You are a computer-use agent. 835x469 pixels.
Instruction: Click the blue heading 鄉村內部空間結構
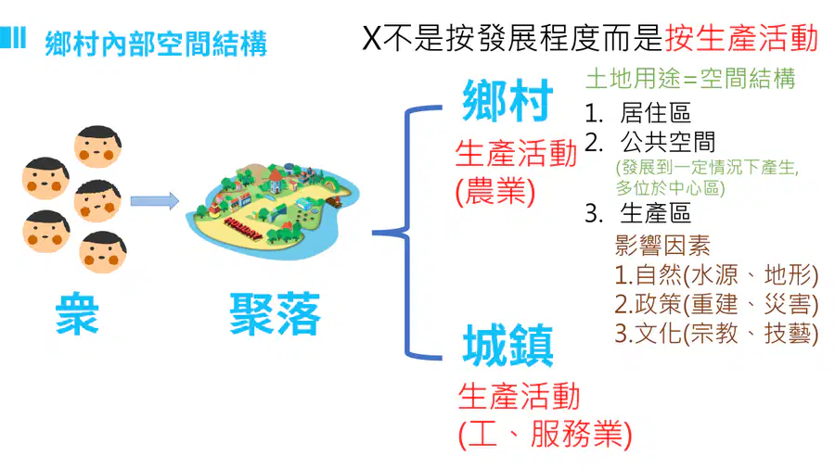(x=156, y=44)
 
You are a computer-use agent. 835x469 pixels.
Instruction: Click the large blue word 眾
(x=77, y=313)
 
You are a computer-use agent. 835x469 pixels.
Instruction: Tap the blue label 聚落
(x=276, y=313)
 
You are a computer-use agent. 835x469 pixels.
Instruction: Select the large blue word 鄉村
(x=507, y=100)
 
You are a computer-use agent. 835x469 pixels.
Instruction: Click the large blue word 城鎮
(x=507, y=346)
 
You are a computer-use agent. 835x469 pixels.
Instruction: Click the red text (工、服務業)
(x=546, y=434)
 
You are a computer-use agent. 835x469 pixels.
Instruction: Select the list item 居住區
(x=655, y=113)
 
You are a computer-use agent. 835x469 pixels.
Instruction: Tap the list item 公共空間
(x=667, y=142)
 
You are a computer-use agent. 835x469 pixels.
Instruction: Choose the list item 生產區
(x=655, y=213)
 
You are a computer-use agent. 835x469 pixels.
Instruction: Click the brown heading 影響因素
(x=662, y=246)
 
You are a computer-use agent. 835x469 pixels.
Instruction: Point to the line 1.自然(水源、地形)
(x=716, y=275)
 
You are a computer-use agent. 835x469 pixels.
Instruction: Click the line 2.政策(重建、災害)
(x=716, y=304)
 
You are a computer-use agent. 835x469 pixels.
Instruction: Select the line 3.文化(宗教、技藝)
(x=716, y=334)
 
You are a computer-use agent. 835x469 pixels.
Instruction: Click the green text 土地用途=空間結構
(x=690, y=79)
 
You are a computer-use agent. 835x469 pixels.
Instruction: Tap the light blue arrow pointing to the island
(x=154, y=200)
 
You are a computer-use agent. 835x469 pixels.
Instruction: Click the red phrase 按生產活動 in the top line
(x=741, y=38)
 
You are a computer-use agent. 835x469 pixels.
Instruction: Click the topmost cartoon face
(x=97, y=146)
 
